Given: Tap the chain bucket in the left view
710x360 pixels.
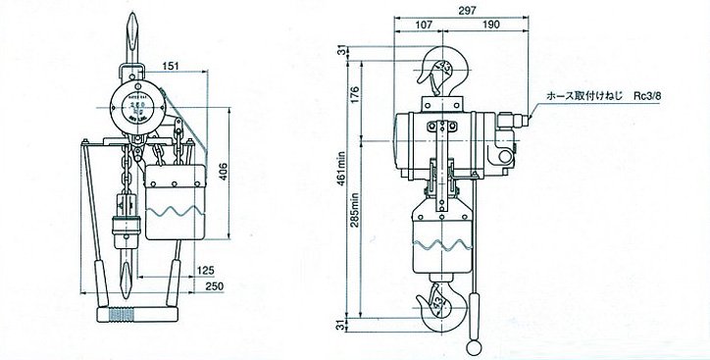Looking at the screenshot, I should click(176, 205).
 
